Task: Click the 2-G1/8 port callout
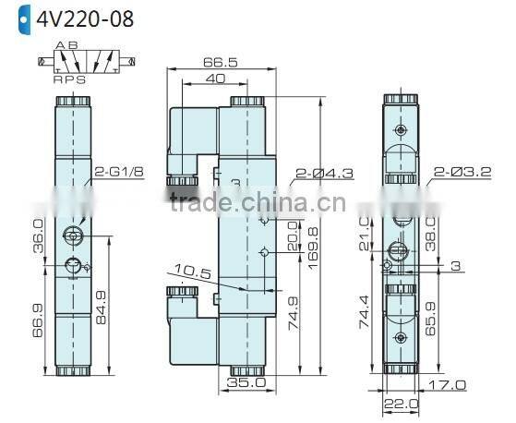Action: [x=119, y=172]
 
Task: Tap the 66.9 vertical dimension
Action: [x=38, y=320]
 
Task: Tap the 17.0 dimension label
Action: [x=447, y=384]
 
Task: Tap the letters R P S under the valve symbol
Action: [x=68, y=80]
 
